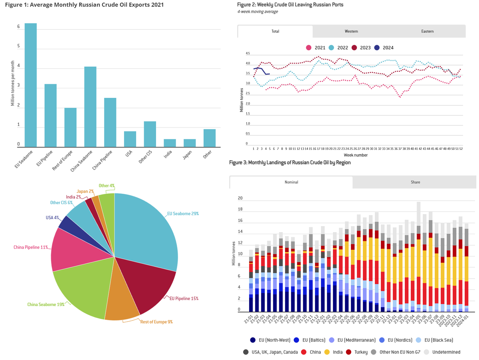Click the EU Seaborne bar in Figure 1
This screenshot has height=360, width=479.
[31, 85]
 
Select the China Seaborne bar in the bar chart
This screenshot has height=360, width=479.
[90, 107]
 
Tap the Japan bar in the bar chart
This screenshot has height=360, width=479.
[190, 143]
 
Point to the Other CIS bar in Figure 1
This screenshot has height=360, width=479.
[150, 134]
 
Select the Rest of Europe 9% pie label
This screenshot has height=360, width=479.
[156, 322]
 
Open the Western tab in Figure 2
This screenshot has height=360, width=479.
[351, 31]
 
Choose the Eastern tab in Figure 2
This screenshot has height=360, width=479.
[427, 31]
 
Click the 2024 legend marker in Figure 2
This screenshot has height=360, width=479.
[377, 48]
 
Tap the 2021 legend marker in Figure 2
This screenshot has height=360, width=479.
[308, 48]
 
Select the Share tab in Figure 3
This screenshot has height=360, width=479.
[415, 182]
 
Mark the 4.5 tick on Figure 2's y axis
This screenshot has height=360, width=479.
[247, 54]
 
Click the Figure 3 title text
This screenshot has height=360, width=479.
[290, 163]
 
